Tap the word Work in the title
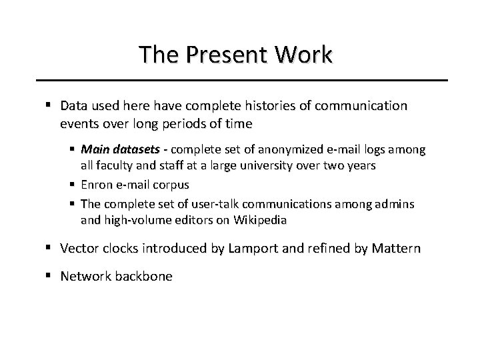point(305,55)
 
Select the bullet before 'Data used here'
point(51,106)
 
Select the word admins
point(397,203)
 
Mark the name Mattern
point(395,249)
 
